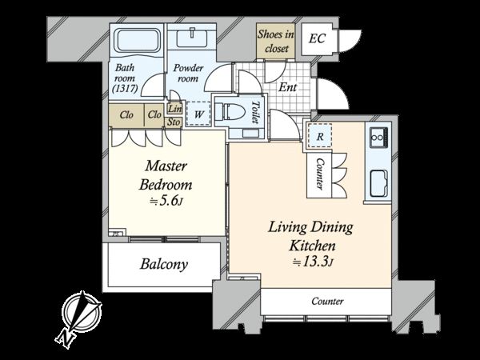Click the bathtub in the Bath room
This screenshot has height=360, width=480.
point(138,42)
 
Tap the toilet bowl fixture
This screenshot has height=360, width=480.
point(230,112)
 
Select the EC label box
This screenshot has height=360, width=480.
point(317,39)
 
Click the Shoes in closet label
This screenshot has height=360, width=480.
point(276,42)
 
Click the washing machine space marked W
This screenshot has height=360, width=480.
point(198,114)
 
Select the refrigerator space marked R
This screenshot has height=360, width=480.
point(319,136)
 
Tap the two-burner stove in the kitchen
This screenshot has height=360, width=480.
point(379,138)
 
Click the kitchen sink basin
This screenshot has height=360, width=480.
point(379,183)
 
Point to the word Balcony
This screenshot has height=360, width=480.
point(164,264)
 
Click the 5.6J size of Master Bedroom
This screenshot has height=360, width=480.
point(166,201)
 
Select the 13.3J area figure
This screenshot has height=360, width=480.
point(313,262)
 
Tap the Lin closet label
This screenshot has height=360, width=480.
point(175,108)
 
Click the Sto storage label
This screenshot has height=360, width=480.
point(174,122)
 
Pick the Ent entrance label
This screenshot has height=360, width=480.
point(288,87)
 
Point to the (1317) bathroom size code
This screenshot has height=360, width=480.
point(125,89)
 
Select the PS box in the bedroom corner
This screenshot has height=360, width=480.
point(118,232)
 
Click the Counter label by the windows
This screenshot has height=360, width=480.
point(327,302)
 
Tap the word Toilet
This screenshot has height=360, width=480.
point(256,112)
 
